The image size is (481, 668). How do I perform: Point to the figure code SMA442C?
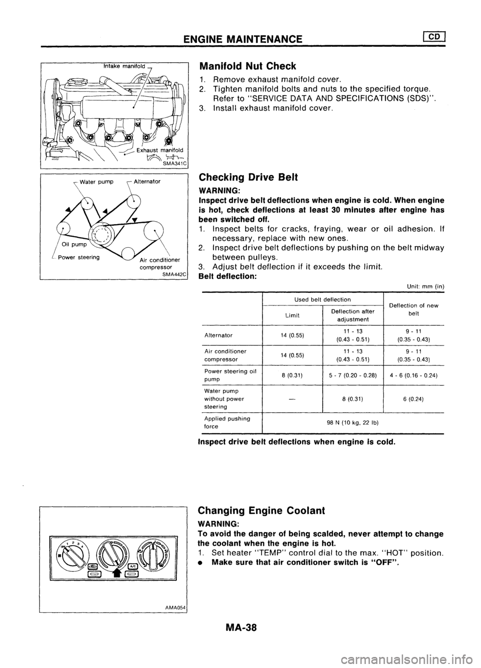[172, 275]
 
